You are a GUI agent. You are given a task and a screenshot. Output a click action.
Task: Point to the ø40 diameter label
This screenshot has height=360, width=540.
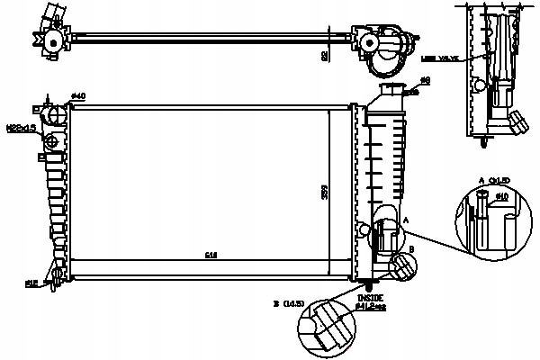(77, 96)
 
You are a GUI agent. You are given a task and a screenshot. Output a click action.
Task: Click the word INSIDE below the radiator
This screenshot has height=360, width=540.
(370, 298)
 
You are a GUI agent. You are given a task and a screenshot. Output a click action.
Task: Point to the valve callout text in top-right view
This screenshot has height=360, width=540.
(440, 57)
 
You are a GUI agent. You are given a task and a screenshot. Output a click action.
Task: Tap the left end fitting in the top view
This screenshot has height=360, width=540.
(52, 38)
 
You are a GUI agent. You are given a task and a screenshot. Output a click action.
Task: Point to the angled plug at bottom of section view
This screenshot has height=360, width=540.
(517, 121)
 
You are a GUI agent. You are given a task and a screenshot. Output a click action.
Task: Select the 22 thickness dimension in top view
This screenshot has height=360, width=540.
(324, 54)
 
